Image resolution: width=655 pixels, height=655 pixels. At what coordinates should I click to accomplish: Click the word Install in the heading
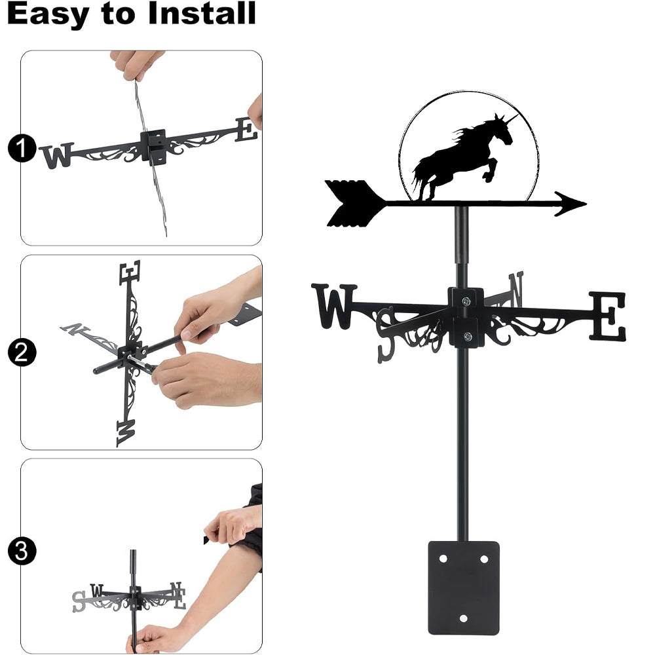[202, 13]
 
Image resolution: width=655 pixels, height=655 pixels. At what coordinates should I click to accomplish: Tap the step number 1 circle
[22, 148]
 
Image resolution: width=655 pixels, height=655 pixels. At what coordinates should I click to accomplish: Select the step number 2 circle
[22, 352]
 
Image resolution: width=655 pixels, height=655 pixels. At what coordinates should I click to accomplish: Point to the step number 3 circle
[22, 551]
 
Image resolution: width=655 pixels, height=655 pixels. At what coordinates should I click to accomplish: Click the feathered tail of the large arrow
[354, 204]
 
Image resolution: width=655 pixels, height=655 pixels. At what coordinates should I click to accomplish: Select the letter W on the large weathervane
[334, 306]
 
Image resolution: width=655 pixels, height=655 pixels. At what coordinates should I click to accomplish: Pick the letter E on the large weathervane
[608, 316]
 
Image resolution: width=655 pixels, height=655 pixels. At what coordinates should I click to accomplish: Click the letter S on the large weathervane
[386, 335]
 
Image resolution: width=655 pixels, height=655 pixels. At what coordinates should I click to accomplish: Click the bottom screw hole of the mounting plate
[463, 618]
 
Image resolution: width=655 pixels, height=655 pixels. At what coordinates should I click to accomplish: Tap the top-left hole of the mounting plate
[443, 559]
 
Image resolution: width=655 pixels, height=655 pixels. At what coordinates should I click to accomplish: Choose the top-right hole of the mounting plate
[484, 559]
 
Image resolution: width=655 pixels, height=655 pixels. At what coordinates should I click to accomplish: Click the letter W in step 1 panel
[57, 156]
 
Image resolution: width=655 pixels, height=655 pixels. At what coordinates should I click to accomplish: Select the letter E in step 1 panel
[246, 129]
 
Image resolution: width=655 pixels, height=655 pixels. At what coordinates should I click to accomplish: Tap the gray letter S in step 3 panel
[79, 601]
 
